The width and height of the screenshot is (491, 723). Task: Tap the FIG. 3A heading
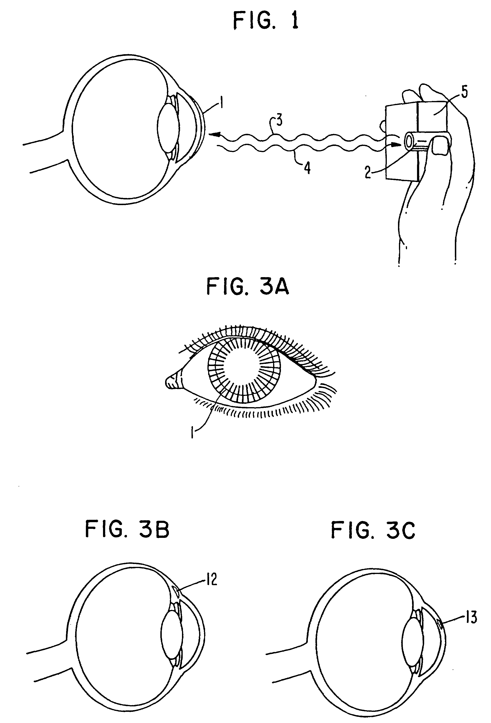click(x=248, y=287)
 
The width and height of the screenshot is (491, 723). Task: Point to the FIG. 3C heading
click(x=373, y=531)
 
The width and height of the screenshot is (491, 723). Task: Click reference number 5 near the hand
click(x=464, y=93)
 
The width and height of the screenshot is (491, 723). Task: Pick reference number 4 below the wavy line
click(x=307, y=168)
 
